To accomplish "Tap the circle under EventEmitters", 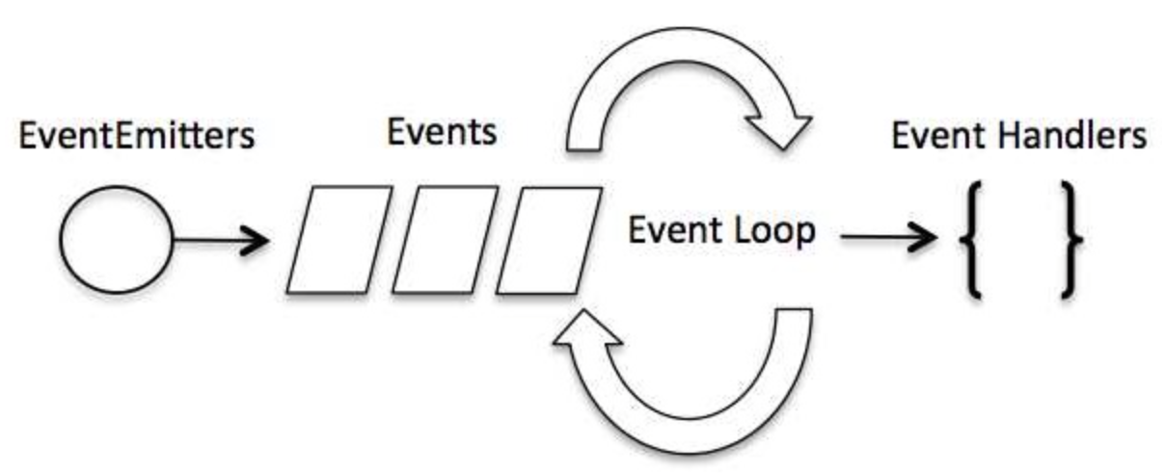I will (116, 240).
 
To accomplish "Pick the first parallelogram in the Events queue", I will (338, 240).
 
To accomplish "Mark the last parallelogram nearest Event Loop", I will (550, 240).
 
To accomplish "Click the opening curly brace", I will (974, 236).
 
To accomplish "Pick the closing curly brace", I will (1070, 236).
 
